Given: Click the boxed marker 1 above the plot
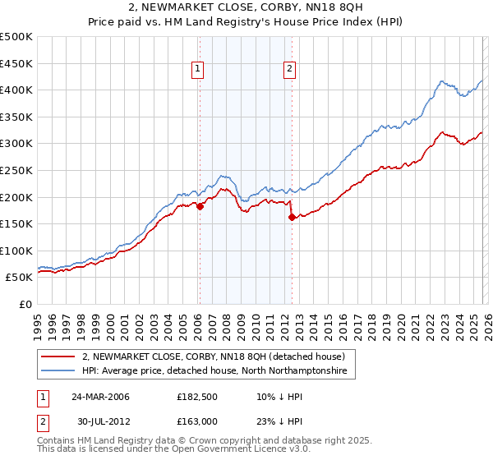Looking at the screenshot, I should pos(199,70).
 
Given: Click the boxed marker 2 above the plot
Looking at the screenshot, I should pos(291,70).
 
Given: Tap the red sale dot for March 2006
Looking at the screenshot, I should pos(200,207).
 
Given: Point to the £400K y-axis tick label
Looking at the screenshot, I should pos(16,90).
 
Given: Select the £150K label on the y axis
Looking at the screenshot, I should pos(16,223).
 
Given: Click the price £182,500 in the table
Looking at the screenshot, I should pos(199,397).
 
